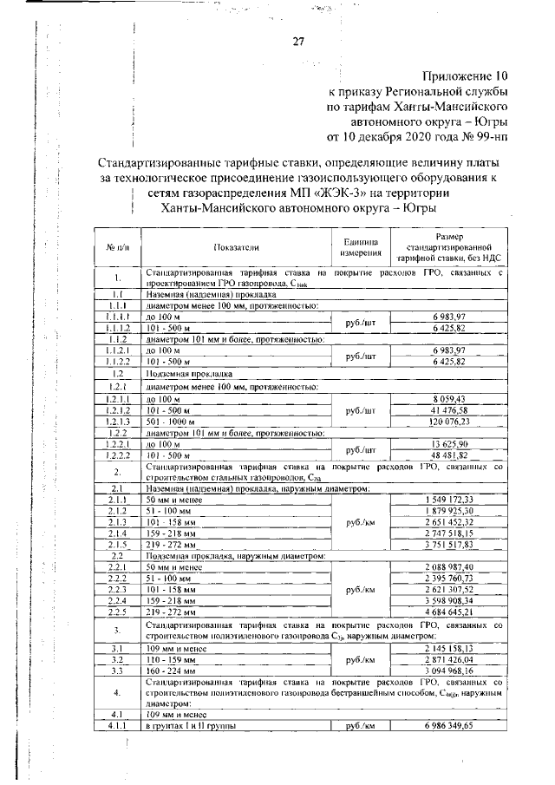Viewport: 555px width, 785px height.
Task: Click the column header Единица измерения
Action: (361, 248)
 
